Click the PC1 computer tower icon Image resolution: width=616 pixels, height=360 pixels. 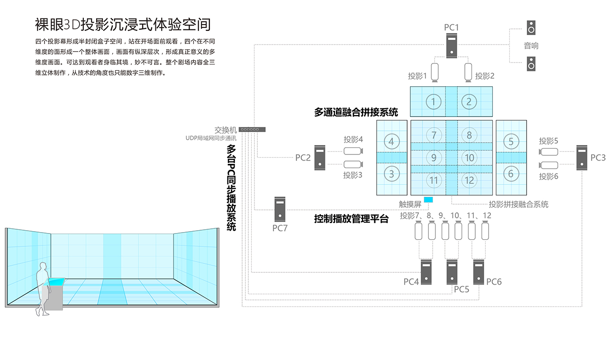(451, 46)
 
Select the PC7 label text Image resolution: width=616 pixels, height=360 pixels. (280, 228)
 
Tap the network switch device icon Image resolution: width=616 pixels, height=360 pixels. (252, 129)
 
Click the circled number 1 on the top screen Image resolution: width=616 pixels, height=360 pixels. (434, 101)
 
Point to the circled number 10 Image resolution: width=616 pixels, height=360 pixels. (469, 158)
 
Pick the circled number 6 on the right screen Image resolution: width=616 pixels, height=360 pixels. (511, 173)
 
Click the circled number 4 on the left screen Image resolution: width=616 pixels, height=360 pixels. (391, 141)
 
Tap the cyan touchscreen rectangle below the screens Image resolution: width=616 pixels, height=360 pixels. (428, 199)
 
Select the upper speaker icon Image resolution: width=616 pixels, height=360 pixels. (531, 28)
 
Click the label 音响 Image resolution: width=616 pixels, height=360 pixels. (531, 46)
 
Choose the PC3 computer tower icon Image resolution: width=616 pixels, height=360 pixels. (582, 157)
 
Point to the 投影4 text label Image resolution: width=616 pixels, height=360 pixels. (353, 140)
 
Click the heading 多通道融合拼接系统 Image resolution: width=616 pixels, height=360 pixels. (356, 112)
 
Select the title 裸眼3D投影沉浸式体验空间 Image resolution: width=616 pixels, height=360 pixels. (123, 24)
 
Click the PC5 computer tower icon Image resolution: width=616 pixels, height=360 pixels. (452, 271)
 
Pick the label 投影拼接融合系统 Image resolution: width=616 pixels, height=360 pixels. (518, 204)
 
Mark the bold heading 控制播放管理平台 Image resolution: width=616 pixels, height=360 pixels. (351, 219)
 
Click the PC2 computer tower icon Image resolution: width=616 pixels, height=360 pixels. (320, 157)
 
